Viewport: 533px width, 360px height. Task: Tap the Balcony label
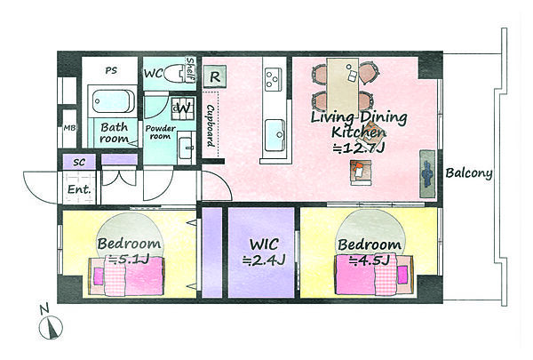(469, 173)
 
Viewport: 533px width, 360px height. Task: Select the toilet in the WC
(175, 74)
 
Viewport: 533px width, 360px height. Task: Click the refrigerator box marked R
(214, 77)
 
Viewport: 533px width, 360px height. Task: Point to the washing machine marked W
(183, 108)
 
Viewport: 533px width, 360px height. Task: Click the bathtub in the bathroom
(112, 101)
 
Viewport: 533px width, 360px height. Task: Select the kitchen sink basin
(274, 135)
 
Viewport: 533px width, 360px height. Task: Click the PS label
(111, 71)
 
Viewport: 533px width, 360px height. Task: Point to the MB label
(69, 128)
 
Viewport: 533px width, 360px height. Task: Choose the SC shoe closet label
(79, 163)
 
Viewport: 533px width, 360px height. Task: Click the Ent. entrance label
(79, 188)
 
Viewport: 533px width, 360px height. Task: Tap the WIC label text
(264, 244)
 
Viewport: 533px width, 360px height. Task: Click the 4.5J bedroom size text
(370, 260)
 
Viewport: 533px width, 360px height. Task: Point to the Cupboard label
(211, 125)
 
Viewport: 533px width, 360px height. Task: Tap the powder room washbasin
(186, 148)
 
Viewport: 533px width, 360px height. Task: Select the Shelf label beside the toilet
(190, 69)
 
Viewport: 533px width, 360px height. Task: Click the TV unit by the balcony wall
(427, 174)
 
